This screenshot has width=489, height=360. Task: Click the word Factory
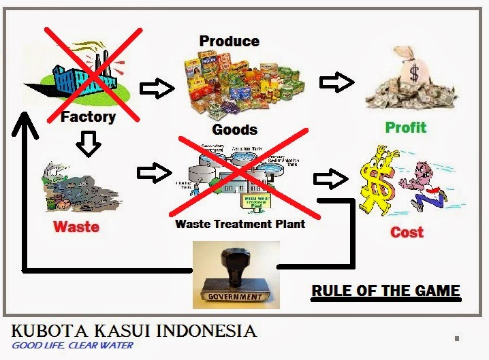tap(89, 116)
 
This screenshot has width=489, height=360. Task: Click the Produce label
tap(230, 42)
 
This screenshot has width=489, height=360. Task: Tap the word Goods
tap(235, 129)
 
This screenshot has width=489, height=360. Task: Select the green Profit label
tap(405, 127)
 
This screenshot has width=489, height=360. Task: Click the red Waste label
tap(76, 226)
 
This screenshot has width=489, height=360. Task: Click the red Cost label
tap(407, 232)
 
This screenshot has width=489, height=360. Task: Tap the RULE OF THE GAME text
tap(385, 291)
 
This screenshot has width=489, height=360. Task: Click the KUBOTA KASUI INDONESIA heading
tap(133, 331)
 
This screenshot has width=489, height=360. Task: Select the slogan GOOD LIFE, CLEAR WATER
tap(72, 345)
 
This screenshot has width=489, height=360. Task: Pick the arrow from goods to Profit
tap(336, 82)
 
